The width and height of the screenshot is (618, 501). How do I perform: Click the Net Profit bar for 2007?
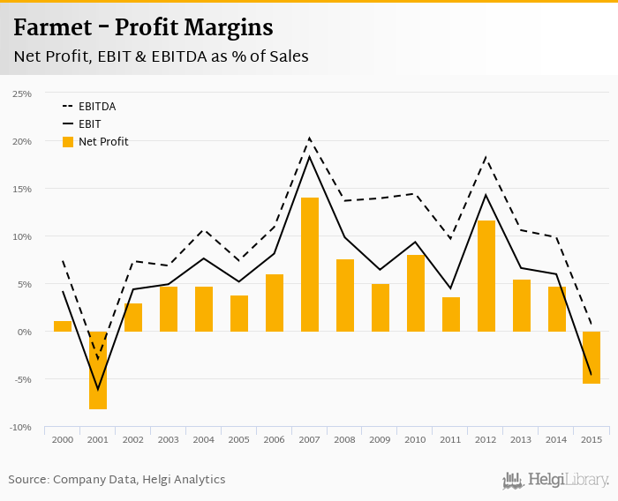coord(310,265)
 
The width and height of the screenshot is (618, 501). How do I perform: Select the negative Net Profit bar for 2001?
coord(98,370)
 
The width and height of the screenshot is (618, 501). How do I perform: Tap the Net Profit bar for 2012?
coord(486,276)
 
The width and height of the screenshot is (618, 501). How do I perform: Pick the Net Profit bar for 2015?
coord(592,357)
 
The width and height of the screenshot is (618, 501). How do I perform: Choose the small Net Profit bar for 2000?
coord(63,326)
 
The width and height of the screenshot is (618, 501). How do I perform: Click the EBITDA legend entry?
coord(97,107)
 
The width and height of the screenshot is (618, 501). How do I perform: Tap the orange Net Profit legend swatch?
coord(68,142)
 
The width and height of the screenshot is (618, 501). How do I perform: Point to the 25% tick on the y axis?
coord(22,93)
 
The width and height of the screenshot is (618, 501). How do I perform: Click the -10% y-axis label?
coord(21,427)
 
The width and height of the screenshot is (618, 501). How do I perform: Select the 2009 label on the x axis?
coord(381,439)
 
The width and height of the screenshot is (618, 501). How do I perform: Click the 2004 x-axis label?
coord(204,439)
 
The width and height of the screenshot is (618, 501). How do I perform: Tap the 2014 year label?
coord(557,439)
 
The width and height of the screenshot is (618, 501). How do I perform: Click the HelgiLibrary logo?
coord(555,480)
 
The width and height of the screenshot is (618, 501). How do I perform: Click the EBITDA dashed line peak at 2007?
coord(310,138)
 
